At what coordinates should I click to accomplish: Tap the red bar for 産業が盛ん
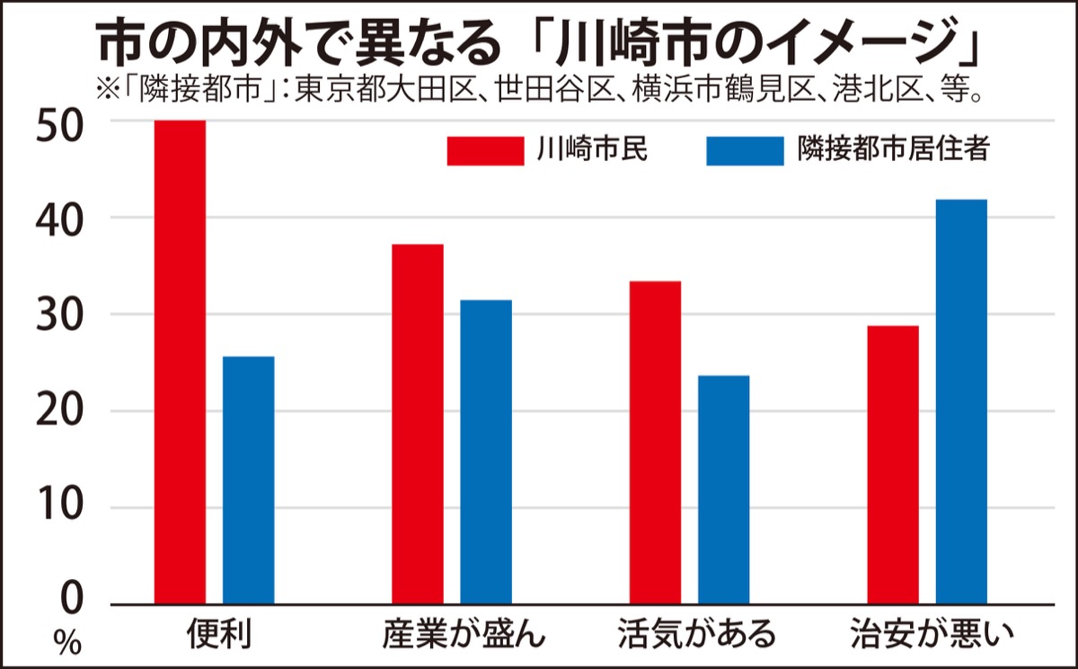pos(418,424)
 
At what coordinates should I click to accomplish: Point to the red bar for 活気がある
pos(655,442)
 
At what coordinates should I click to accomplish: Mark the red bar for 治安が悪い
pos(893,464)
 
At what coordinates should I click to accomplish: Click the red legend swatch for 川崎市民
pos(485,150)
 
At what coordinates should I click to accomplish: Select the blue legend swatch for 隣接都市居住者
pos(745,150)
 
